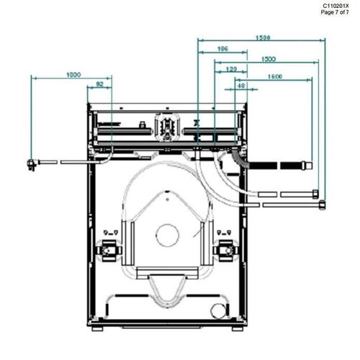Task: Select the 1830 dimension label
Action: [72, 74]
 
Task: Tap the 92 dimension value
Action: [99, 86]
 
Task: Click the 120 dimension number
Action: [231, 69]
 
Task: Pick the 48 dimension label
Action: [241, 86]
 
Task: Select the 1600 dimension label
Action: [274, 76]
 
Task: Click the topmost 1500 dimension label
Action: [262, 37]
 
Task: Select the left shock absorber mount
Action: [110, 250]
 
